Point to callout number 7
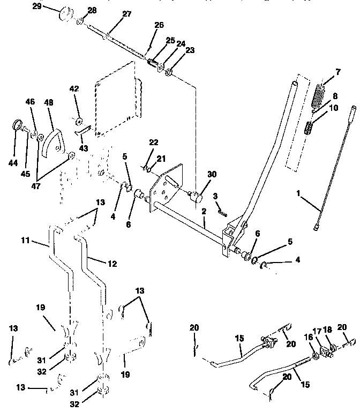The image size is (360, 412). click(x=337, y=71)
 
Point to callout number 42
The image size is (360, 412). click(x=74, y=89)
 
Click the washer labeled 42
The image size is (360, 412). click(x=78, y=120)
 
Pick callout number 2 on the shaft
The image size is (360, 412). click(x=204, y=212)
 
